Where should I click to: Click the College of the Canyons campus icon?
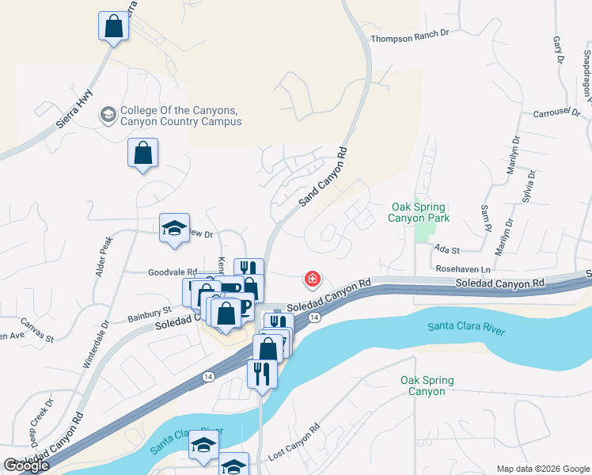pyautogui.click(x=107, y=116)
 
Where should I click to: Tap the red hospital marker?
pyautogui.click(x=313, y=279)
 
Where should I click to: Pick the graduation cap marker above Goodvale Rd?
pyautogui.click(x=174, y=228)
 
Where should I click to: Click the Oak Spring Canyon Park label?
pyautogui.click(x=419, y=212)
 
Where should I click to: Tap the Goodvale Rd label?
pyautogui.click(x=172, y=272)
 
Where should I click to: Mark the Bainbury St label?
pyautogui.click(x=150, y=314)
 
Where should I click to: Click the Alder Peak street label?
pyautogui.click(x=101, y=260)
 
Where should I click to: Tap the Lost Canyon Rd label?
pyautogui.click(x=294, y=442)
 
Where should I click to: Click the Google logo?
pyautogui.click(x=26, y=466)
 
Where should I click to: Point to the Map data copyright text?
pyautogui.click(x=542, y=469)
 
